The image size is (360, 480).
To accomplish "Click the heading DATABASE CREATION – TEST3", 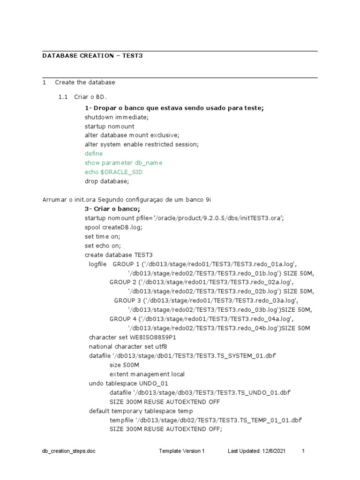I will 92,56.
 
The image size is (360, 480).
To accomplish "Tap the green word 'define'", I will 94,154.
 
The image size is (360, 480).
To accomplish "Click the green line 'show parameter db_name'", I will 123,163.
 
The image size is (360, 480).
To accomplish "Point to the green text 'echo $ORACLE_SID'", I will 113,172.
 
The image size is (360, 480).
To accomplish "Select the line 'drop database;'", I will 106,181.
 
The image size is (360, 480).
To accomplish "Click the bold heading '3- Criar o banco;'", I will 112,209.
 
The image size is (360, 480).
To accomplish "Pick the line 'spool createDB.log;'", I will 113,227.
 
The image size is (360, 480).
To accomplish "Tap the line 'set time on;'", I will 102,236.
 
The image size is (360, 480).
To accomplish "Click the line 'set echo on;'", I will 103,246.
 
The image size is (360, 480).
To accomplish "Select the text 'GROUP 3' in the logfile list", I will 127,300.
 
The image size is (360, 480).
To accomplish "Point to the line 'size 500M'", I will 124,365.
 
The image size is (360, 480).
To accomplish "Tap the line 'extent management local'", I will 147,374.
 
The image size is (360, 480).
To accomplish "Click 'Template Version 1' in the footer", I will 182,451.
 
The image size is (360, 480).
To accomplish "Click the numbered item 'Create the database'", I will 85,82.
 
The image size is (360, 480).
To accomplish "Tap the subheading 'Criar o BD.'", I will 90,97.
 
